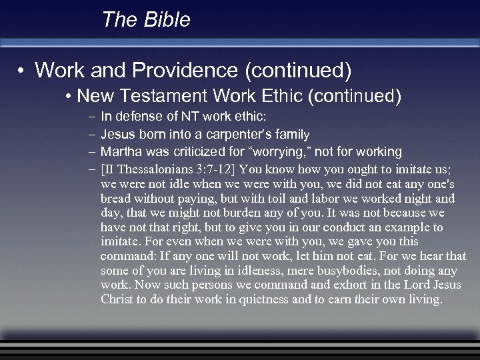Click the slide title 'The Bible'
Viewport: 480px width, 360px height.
[x=146, y=20]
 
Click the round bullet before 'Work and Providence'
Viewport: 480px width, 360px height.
[x=22, y=70]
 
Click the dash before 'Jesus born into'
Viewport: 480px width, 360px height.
[x=91, y=134]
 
